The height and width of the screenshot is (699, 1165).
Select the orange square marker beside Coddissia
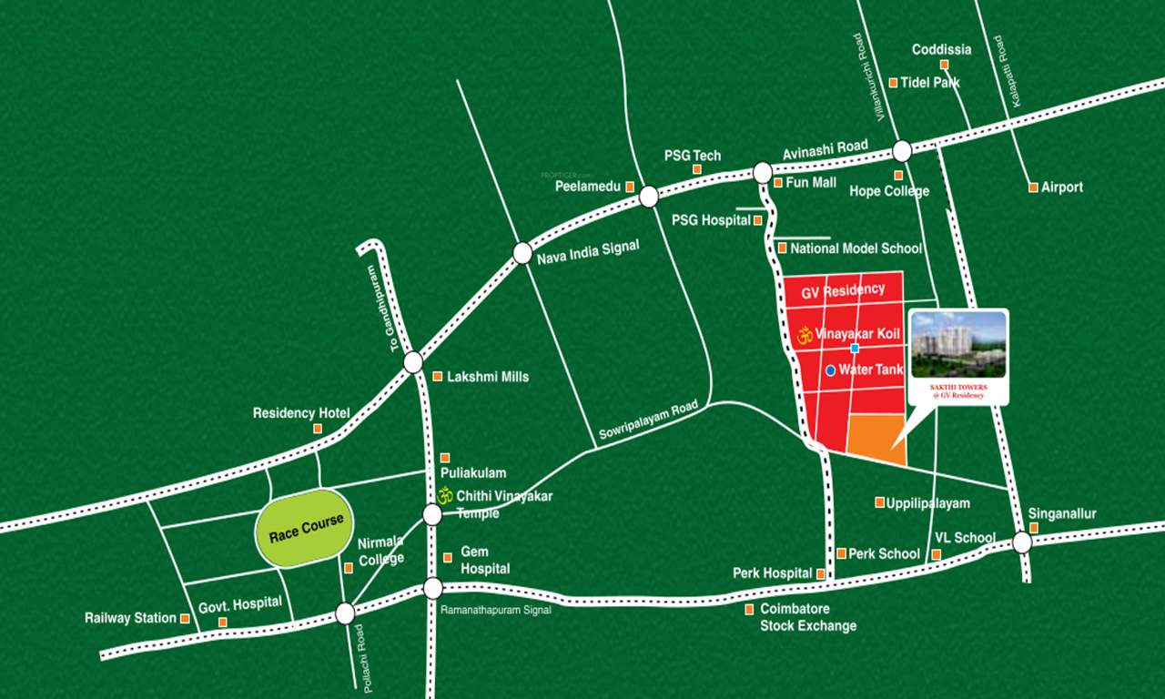(945, 65)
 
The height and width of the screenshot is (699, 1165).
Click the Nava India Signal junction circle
(522, 253)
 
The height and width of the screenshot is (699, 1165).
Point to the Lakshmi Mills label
(487, 376)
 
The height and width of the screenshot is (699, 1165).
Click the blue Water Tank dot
(831, 370)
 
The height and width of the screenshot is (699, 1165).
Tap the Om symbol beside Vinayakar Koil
(804, 334)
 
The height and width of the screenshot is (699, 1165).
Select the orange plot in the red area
(877, 439)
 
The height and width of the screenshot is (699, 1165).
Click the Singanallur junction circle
(1022, 542)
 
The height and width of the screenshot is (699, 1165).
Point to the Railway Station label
(130, 618)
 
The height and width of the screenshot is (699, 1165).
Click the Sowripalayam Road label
(648, 421)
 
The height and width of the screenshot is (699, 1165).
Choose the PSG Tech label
(692, 156)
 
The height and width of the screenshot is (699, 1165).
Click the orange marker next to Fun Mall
(777, 182)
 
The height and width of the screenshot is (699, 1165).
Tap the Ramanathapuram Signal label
(495, 610)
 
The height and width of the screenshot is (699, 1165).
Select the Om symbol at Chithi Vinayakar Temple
(445, 496)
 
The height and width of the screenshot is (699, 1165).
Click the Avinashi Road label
(826, 148)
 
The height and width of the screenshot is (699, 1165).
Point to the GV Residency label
(843, 290)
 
